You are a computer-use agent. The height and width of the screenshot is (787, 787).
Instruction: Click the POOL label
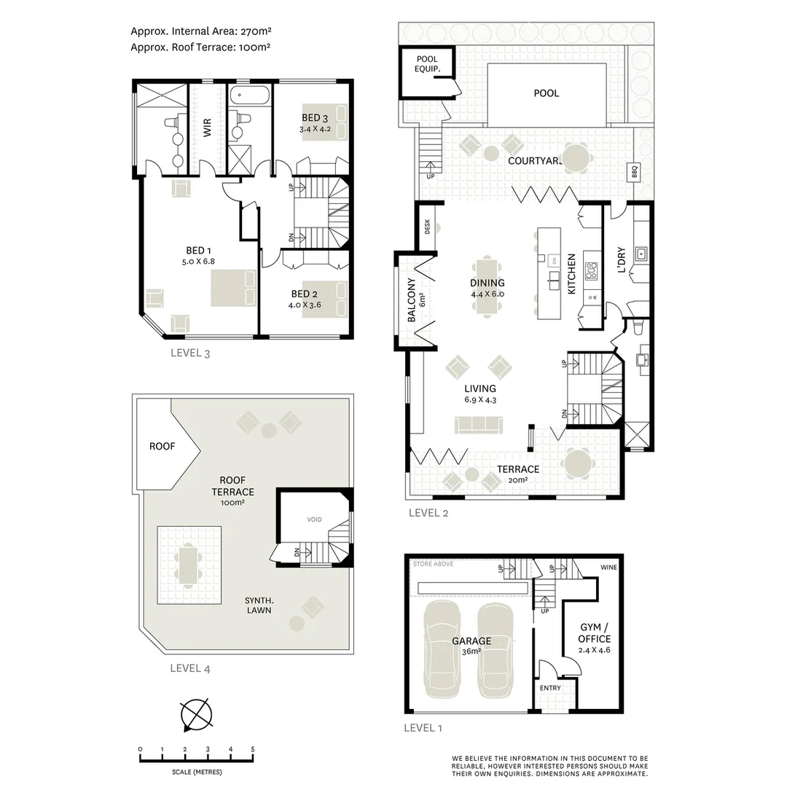[546, 93]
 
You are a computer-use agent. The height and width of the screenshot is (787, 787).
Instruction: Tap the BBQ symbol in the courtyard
[634, 173]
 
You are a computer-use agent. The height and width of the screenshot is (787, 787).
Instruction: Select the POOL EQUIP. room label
[426, 65]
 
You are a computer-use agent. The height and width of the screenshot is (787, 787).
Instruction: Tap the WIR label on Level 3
[208, 129]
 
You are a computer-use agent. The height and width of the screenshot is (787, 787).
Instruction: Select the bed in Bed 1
[233, 288]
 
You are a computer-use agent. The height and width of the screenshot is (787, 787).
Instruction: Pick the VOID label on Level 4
[314, 520]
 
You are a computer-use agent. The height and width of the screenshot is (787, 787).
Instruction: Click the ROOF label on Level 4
[162, 446]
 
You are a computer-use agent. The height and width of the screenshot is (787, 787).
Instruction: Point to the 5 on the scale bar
[252, 749]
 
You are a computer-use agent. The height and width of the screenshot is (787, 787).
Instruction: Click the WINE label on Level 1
[608, 567]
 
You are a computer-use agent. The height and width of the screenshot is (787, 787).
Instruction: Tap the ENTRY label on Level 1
[550, 688]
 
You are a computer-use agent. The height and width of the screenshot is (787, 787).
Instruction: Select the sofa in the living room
[478, 424]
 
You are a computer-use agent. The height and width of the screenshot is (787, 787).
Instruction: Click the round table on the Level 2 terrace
[579, 463]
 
